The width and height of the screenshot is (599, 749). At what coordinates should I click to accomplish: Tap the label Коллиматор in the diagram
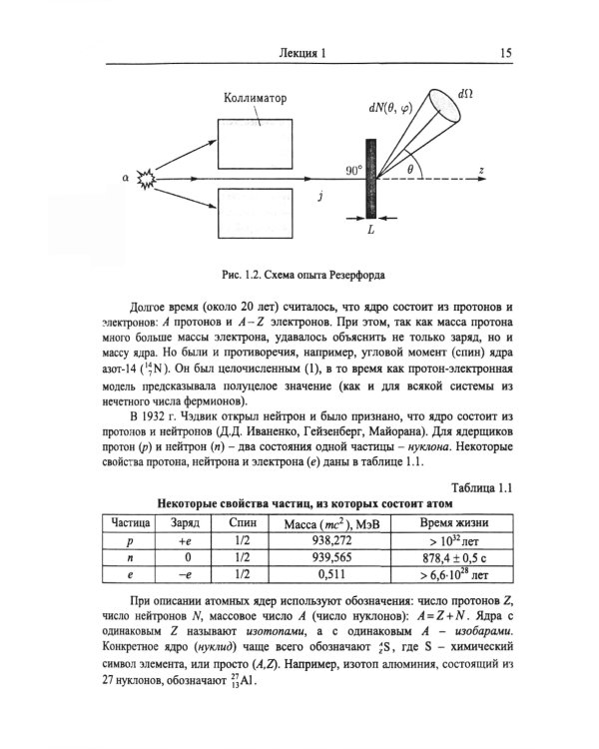click(254, 99)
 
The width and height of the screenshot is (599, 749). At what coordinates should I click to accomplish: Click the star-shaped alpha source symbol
click(148, 180)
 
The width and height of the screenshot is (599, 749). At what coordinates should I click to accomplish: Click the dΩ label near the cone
click(464, 93)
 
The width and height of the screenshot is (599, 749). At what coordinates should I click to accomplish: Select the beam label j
click(318, 197)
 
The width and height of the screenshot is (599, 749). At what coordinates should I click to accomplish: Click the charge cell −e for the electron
click(184, 575)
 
